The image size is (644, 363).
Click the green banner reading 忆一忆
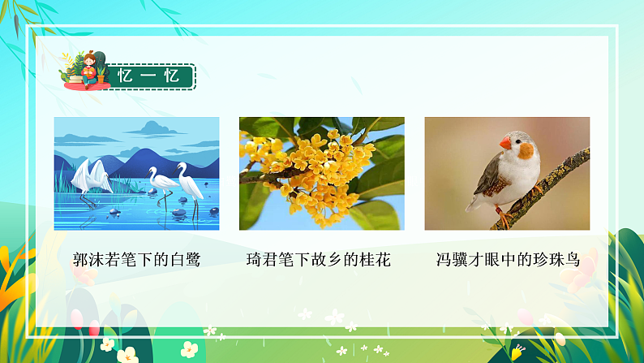tap(152, 76)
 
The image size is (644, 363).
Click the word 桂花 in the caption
tap(375, 260)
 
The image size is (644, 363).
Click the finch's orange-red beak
tap(504, 144)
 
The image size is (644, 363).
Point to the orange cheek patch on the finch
tap(526, 151)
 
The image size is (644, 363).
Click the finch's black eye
tap(516, 139)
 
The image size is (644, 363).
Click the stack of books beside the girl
tap(75, 80)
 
